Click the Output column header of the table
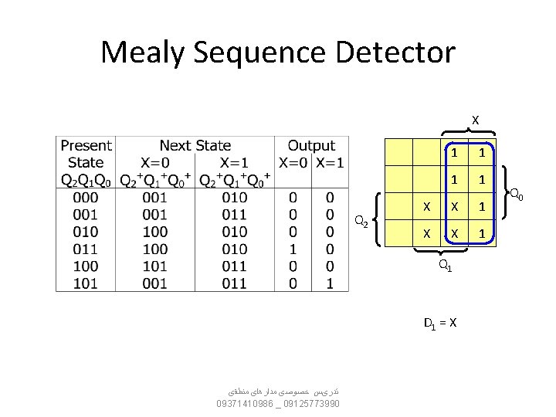(311, 145)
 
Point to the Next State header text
(195, 145)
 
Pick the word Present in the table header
(86, 145)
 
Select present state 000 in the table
(85, 198)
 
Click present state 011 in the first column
(85, 249)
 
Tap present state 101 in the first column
(85, 283)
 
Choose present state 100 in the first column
(85, 266)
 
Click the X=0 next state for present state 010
(155, 232)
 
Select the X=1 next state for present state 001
(234, 215)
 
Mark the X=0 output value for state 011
(293, 249)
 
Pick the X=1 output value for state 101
(330, 283)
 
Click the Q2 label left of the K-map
(361, 222)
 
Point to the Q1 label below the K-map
(445, 266)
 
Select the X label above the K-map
(475, 120)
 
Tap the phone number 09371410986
(246, 404)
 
